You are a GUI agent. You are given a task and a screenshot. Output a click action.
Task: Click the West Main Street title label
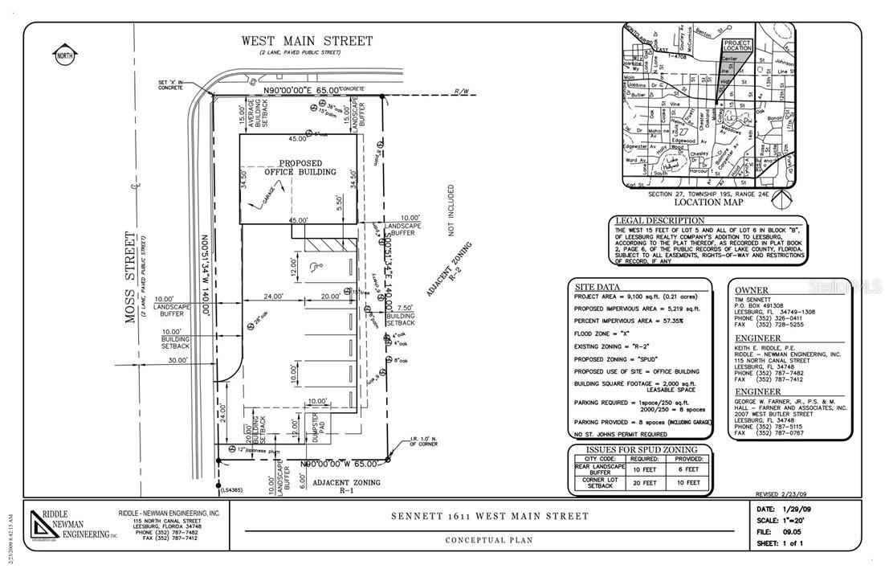308,41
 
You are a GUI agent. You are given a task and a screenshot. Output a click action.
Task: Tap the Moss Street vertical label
129,277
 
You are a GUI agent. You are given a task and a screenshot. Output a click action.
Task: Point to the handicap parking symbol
314,266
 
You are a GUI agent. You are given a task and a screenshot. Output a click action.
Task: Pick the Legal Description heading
659,220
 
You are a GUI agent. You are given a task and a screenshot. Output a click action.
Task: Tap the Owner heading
751,290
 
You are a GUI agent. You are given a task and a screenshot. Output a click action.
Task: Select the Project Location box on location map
736,46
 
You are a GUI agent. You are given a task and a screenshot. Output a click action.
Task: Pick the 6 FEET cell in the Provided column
688,469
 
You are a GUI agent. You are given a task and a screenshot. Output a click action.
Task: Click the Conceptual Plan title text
489,540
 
